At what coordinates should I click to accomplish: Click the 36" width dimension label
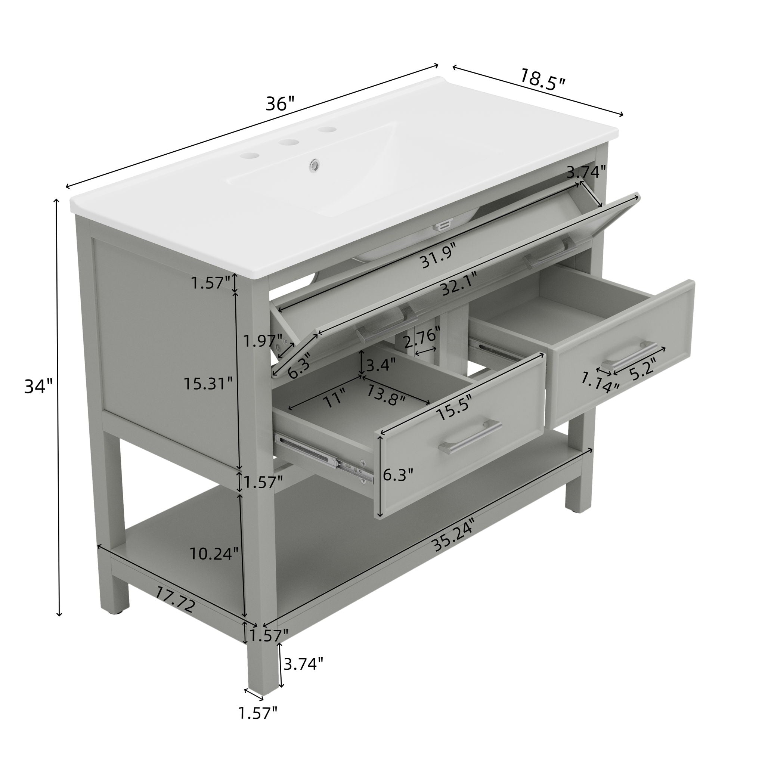[280, 104]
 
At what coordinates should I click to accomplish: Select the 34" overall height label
[38, 386]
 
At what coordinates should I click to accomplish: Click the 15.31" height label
[208, 383]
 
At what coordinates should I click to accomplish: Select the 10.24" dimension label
[214, 554]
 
